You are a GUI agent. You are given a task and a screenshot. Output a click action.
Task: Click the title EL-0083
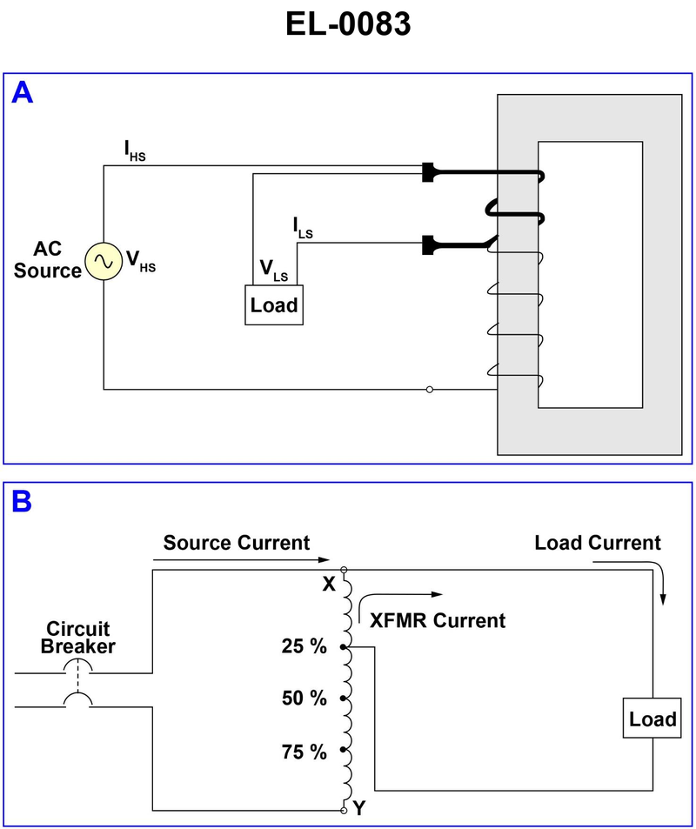[x=348, y=23]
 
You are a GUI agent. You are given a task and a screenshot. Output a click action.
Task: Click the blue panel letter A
[x=22, y=93]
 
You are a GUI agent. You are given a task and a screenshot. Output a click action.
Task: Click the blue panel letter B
[x=22, y=502]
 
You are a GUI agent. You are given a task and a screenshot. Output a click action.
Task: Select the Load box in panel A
[x=274, y=305]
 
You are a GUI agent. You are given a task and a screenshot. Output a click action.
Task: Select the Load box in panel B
[x=652, y=719]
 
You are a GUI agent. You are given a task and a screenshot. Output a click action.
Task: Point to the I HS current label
[x=134, y=153]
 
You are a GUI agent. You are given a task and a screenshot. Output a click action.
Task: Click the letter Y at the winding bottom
[x=360, y=809]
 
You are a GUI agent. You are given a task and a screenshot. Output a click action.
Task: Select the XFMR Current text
[x=438, y=620]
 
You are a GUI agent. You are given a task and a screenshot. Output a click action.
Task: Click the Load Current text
[x=598, y=544]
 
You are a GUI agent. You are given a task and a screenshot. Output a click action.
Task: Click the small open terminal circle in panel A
[x=430, y=389]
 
